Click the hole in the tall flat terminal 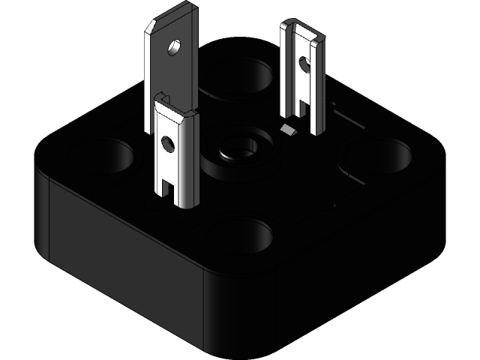click(x=174, y=47)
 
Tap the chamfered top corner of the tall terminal click(x=151, y=28)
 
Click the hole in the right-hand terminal click(x=304, y=64)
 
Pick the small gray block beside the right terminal click(x=287, y=130)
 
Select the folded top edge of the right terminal click(x=304, y=28)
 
